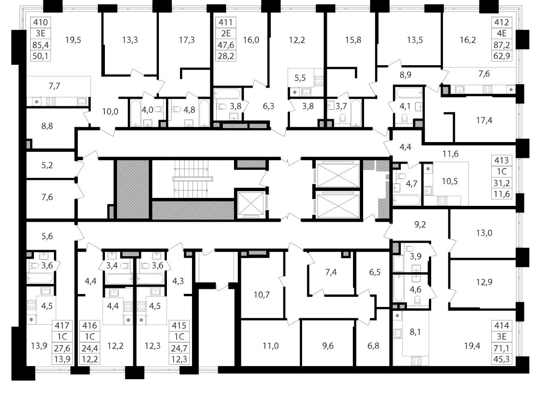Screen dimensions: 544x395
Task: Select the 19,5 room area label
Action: point(73,40)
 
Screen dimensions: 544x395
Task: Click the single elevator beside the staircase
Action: point(251,204)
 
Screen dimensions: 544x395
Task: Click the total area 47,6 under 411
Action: point(226,45)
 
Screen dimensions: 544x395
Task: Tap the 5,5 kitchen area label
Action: point(301,78)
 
